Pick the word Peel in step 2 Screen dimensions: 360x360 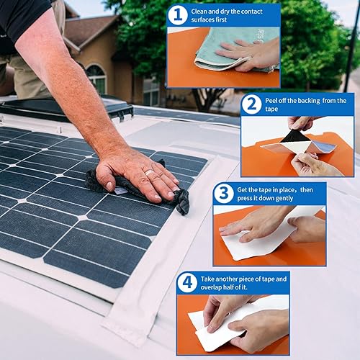(274, 100)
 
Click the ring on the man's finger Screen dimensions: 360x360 (148, 173)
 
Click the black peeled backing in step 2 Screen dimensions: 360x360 (295, 136)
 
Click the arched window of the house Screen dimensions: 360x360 (95, 78)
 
